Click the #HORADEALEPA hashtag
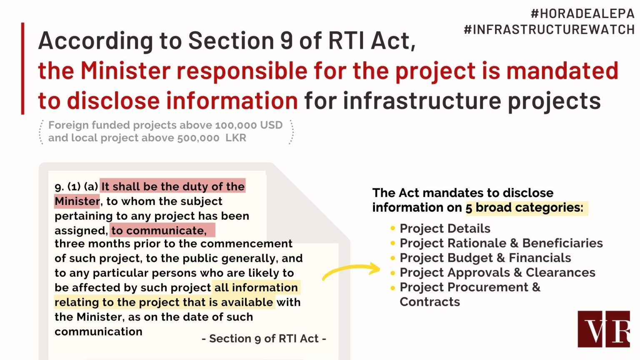582,14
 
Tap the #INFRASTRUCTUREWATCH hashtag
549,30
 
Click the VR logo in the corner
604,329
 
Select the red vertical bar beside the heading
22,69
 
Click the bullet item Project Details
445,228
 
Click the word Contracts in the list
430,302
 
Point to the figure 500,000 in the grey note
198,138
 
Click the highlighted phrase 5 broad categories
524,207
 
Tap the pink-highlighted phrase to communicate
159,230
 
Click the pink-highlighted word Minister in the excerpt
77,201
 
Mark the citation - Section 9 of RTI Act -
264,339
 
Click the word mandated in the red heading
562,70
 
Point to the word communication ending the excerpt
98,331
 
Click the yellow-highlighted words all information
256,287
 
